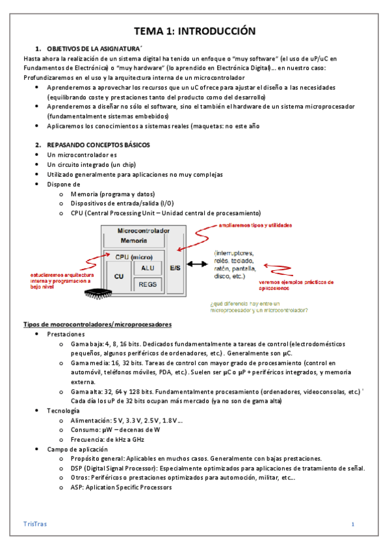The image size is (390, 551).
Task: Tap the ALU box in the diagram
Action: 148,268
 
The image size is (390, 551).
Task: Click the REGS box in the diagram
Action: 148,284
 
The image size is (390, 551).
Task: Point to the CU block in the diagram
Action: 119,276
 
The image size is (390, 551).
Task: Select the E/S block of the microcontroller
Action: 175,267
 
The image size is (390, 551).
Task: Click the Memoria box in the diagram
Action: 133,240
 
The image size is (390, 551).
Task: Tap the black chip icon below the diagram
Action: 94,294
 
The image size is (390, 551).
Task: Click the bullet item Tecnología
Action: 64,411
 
